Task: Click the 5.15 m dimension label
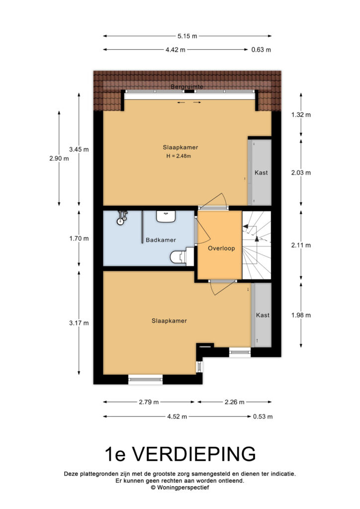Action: pyautogui.click(x=187, y=36)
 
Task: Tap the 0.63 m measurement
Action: pyautogui.click(x=262, y=50)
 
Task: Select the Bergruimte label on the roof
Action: pyautogui.click(x=187, y=86)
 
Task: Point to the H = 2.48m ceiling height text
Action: pyautogui.click(x=179, y=156)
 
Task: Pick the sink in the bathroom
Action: pyautogui.click(x=166, y=217)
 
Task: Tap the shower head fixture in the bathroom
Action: pyautogui.click(x=122, y=218)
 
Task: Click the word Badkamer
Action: pyautogui.click(x=161, y=240)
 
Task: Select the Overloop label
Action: pyautogui.click(x=221, y=249)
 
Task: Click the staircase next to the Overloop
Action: pyautogui.click(x=257, y=245)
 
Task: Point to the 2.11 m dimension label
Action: pyautogui.click(x=301, y=245)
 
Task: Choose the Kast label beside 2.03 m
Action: pyautogui.click(x=262, y=172)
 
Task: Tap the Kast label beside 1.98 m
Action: pyautogui.click(x=263, y=315)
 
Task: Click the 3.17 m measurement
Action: pyautogui.click(x=79, y=323)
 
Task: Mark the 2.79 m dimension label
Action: pyautogui.click(x=149, y=402)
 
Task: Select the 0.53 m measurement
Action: pyautogui.click(x=263, y=417)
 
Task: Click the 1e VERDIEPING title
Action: pyautogui.click(x=180, y=454)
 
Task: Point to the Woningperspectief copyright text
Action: pyautogui.click(x=180, y=487)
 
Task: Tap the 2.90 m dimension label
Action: pyautogui.click(x=59, y=159)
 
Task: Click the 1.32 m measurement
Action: pyautogui.click(x=301, y=115)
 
